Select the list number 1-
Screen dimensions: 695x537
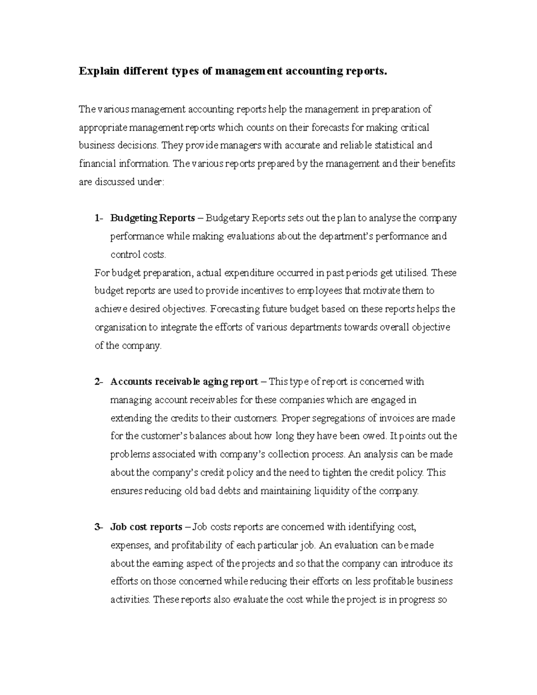[99, 218]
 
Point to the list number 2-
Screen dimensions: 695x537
[99, 382]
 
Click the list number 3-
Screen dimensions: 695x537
[99, 527]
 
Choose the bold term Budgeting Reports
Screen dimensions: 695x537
[153, 218]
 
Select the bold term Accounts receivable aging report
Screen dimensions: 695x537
[184, 382]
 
